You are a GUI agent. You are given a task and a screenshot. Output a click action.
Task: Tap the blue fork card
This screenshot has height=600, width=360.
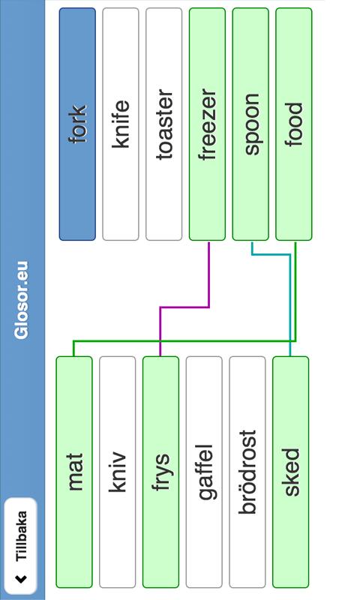[77, 124]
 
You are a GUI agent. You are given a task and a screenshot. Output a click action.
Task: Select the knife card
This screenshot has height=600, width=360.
[121, 124]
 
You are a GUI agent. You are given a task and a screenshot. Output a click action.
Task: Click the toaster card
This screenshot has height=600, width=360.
[163, 124]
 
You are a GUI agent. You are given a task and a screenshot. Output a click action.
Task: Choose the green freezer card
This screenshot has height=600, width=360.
[207, 124]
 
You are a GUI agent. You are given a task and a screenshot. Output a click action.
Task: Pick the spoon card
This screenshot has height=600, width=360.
[250, 124]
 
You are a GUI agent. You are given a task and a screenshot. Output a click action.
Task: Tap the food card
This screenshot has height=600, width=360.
[293, 124]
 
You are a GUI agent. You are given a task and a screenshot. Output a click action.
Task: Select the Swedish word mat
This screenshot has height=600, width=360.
[75, 472]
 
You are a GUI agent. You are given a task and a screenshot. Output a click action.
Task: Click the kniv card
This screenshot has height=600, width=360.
[118, 472]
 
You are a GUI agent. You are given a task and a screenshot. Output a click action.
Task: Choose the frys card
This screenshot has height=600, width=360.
[160, 472]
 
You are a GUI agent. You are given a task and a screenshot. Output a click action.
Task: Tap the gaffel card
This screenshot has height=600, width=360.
[204, 472]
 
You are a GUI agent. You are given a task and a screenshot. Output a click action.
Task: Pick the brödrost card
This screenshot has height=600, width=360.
[247, 472]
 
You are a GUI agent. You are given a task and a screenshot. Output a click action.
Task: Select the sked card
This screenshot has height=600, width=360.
[290, 472]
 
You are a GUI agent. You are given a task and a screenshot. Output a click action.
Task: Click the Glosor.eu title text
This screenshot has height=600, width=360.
[21, 300]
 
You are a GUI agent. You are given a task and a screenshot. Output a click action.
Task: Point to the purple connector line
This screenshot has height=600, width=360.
[184, 307]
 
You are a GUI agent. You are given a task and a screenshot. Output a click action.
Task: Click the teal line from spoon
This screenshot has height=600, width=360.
[289, 298]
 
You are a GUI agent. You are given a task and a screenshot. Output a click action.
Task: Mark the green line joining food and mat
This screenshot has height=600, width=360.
[184, 341]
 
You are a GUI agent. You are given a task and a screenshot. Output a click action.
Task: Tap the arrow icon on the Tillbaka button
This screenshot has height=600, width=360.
[21, 579]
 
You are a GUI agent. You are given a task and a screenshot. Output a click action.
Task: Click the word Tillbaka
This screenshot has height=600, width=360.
[22, 536]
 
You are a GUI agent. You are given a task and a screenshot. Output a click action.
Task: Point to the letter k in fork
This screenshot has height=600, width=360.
[78, 110]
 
